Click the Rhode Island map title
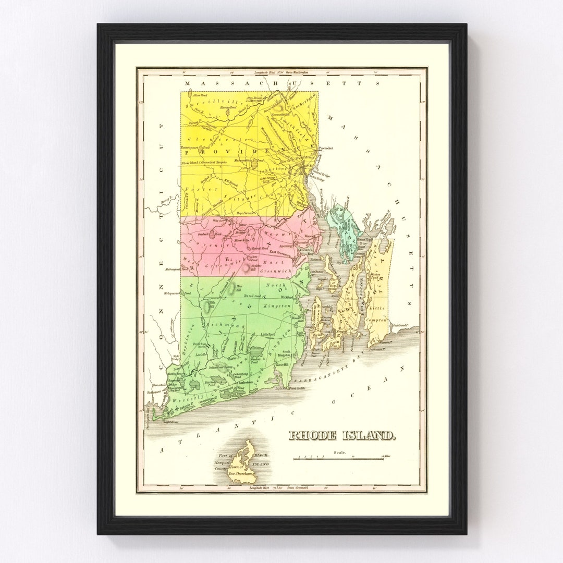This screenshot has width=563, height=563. tap(342, 435)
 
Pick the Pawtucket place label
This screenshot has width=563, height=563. tap(325, 148)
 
